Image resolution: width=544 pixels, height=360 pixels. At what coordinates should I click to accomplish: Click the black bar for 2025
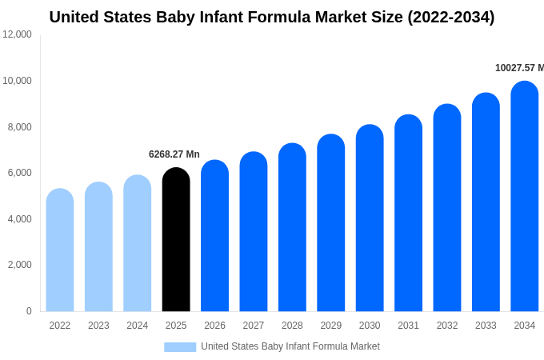pyautogui.click(x=176, y=240)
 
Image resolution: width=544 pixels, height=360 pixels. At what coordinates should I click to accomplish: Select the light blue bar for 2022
pyautogui.click(x=60, y=250)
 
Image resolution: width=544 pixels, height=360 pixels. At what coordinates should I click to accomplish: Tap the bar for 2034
pyautogui.click(x=525, y=197)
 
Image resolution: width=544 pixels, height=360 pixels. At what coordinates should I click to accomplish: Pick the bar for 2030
pyautogui.click(x=370, y=218)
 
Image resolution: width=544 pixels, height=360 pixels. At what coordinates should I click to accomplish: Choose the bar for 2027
pyautogui.click(x=254, y=232)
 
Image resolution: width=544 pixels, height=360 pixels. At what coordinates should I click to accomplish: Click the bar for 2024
pyautogui.click(x=138, y=244)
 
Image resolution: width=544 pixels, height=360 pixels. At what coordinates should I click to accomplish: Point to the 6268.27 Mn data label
pyautogui.click(x=174, y=154)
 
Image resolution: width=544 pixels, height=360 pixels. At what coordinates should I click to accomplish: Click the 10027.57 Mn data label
pyautogui.click(x=519, y=68)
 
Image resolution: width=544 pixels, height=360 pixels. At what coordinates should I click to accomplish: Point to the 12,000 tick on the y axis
pyautogui.click(x=17, y=34)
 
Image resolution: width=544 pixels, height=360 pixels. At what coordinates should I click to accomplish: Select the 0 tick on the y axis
pyautogui.click(x=29, y=311)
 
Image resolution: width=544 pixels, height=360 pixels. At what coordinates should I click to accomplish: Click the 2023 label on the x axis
pyautogui.click(x=98, y=326)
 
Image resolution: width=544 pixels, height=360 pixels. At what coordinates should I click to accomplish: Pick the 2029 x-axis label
pyautogui.click(x=331, y=326)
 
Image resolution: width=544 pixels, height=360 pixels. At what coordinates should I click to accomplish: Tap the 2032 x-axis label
pyautogui.click(x=447, y=326)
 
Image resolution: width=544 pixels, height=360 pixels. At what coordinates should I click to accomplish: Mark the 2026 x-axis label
pyautogui.click(x=214, y=326)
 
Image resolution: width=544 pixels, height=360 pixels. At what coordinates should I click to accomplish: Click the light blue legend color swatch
pyautogui.click(x=180, y=346)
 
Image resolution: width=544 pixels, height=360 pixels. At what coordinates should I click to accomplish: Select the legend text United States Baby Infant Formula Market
pyautogui.click(x=290, y=346)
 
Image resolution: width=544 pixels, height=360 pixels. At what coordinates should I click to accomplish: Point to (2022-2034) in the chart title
pyautogui.click(x=451, y=17)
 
